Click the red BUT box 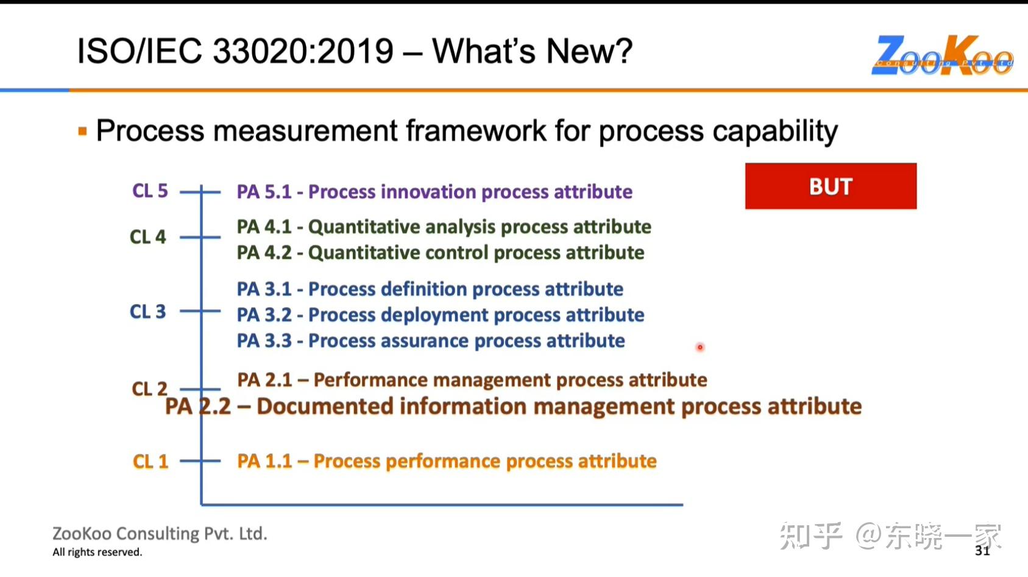point(831,186)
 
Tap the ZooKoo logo point(942,55)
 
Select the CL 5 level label point(150,191)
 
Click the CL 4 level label point(148,237)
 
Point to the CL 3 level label point(148,312)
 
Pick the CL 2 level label point(150,389)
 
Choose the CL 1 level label point(151,461)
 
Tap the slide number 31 point(982,551)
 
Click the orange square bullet point(83,132)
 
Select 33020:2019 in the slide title point(303,51)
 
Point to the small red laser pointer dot point(700,347)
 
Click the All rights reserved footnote point(97,552)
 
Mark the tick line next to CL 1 point(200,461)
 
